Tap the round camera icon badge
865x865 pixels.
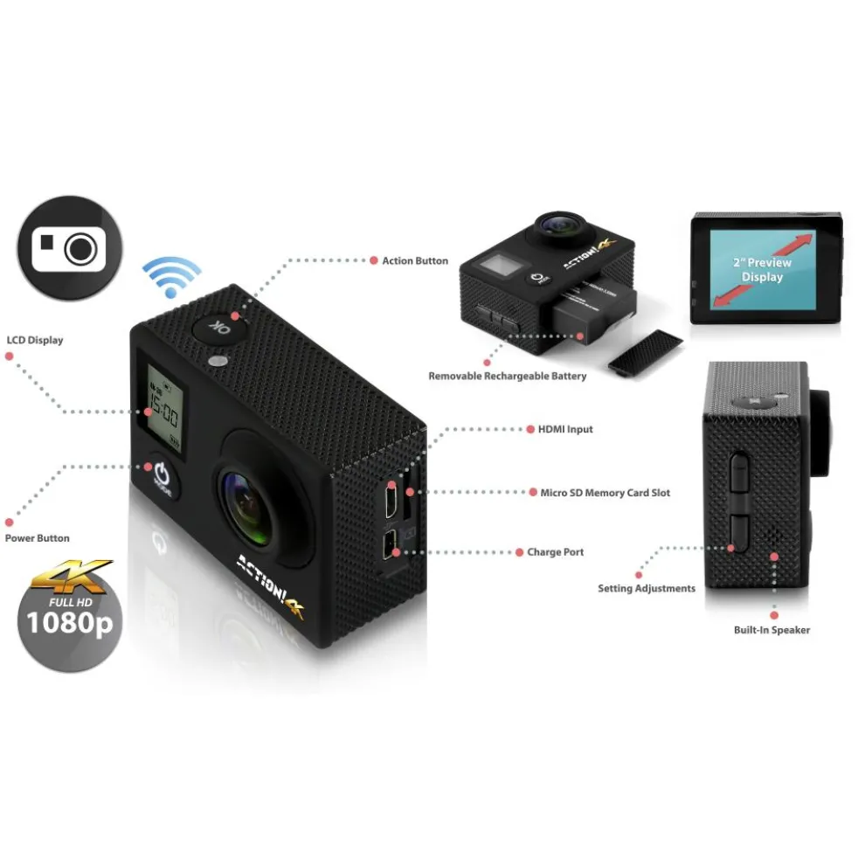(68, 248)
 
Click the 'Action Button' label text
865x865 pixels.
(415, 260)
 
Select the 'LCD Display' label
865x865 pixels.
(35, 340)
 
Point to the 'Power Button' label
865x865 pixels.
(37, 538)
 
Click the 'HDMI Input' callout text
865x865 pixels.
(559, 429)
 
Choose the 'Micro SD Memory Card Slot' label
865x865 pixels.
(605, 493)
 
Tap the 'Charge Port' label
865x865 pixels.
(555, 552)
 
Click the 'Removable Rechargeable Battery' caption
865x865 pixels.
(507, 376)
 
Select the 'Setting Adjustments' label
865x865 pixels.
(647, 588)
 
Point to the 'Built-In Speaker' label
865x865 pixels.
(772, 630)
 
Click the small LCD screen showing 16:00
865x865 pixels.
(164, 406)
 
